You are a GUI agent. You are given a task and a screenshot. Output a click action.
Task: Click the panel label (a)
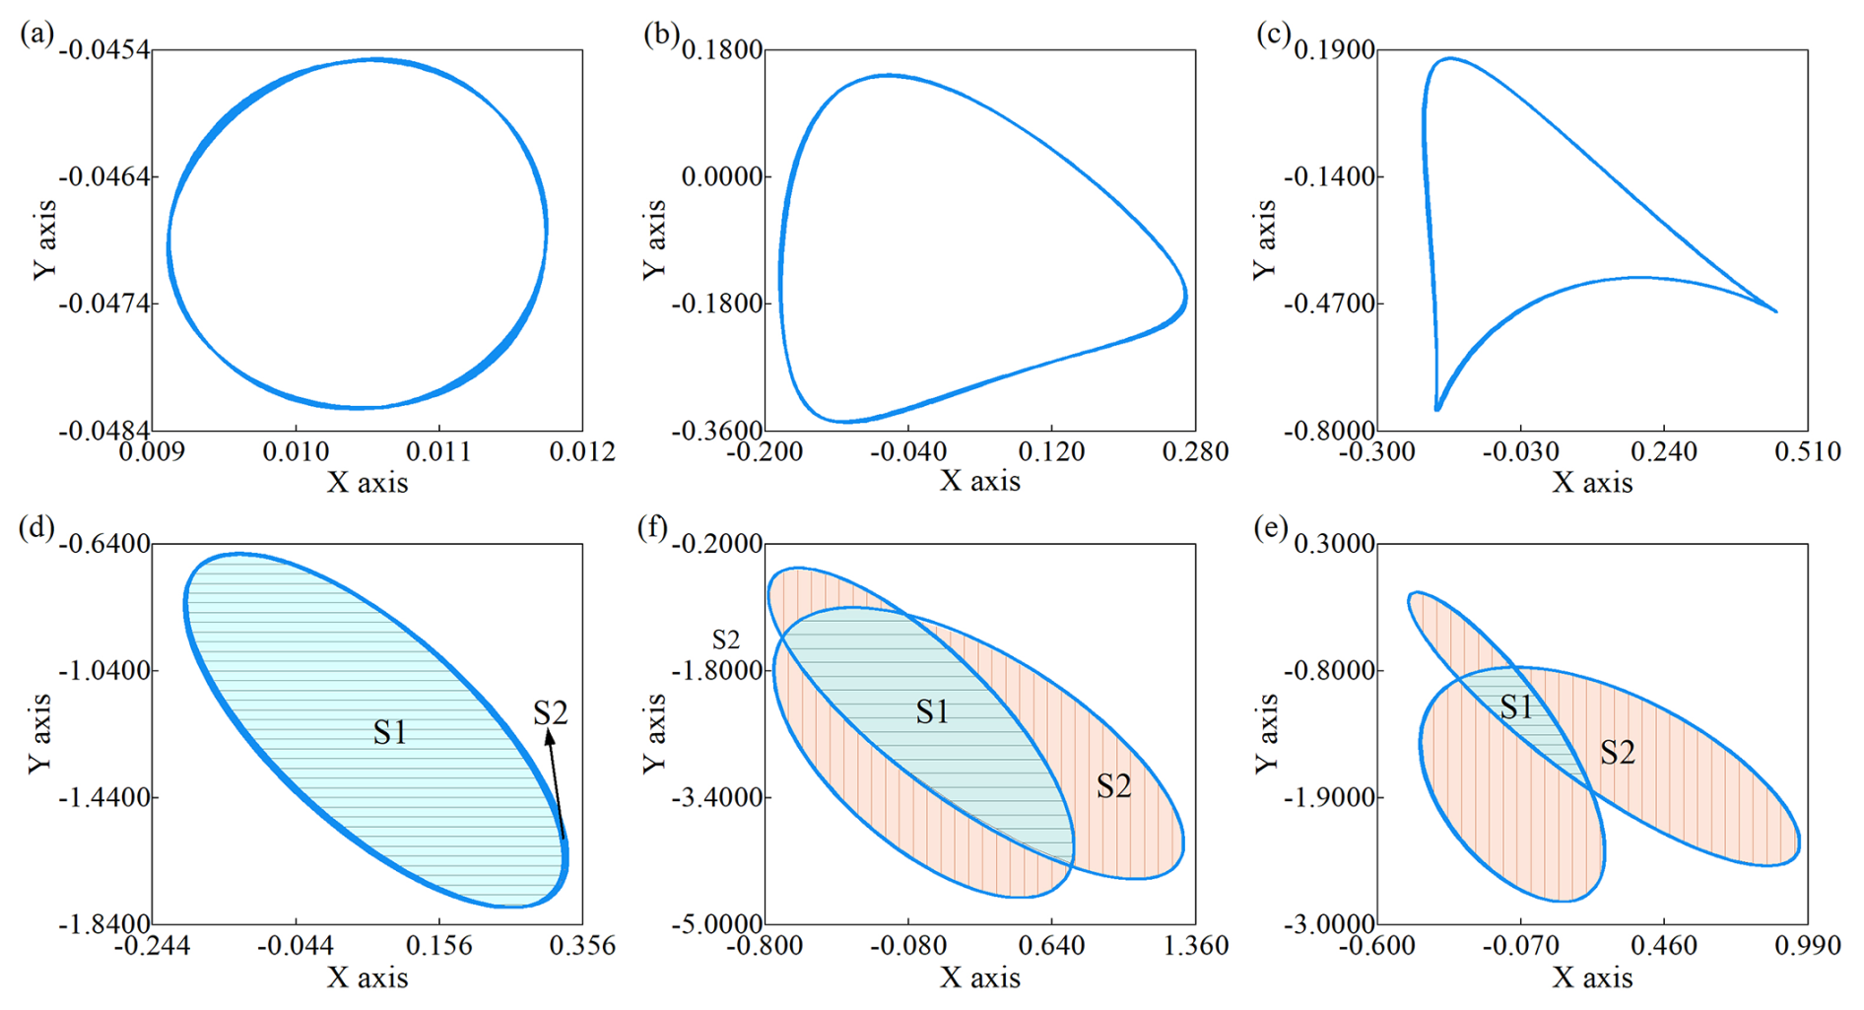click(x=36, y=34)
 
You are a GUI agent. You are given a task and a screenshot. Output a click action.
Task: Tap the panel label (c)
click(x=1273, y=34)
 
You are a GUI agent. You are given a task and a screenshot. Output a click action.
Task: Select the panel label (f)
click(x=654, y=529)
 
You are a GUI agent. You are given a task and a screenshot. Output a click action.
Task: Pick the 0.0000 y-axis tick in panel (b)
click(x=722, y=177)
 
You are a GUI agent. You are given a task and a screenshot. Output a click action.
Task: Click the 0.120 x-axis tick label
click(x=1051, y=452)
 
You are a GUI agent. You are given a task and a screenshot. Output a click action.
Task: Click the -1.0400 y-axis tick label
click(x=106, y=671)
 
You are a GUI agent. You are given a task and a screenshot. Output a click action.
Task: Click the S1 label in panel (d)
click(x=390, y=732)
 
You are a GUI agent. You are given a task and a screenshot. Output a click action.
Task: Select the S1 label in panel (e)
click(x=1516, y=707)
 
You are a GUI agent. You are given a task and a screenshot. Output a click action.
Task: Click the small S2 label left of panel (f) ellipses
click(x=725, y=640)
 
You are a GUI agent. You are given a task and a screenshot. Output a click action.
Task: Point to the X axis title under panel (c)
click(x=1592, y=482)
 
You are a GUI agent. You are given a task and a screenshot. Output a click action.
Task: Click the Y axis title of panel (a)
click(x=44, y=239)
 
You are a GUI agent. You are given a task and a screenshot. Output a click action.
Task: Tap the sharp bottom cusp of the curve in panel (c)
click(x=1437, y=407)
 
